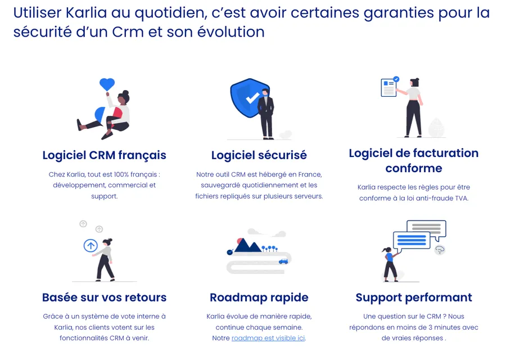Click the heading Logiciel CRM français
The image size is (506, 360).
point(104,155)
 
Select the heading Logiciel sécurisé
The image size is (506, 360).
point(259,155)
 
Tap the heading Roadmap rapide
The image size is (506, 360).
point(259,298)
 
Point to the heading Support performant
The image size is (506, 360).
point(414,298)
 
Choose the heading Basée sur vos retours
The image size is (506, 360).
point(104,298)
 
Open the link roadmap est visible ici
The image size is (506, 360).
point(268,338)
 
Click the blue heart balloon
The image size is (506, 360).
point(107,84)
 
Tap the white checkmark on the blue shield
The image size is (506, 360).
point(252,98)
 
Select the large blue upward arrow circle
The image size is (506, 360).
point(91,246)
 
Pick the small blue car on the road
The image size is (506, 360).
point(283,262)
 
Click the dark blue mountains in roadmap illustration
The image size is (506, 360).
point(247,245)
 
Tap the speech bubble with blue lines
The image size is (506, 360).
point(412,241)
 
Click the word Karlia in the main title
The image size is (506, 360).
point(86,13)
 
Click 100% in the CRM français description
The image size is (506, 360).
point(121,174)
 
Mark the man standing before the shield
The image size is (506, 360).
point(266,114)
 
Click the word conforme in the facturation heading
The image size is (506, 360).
point(414,168)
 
